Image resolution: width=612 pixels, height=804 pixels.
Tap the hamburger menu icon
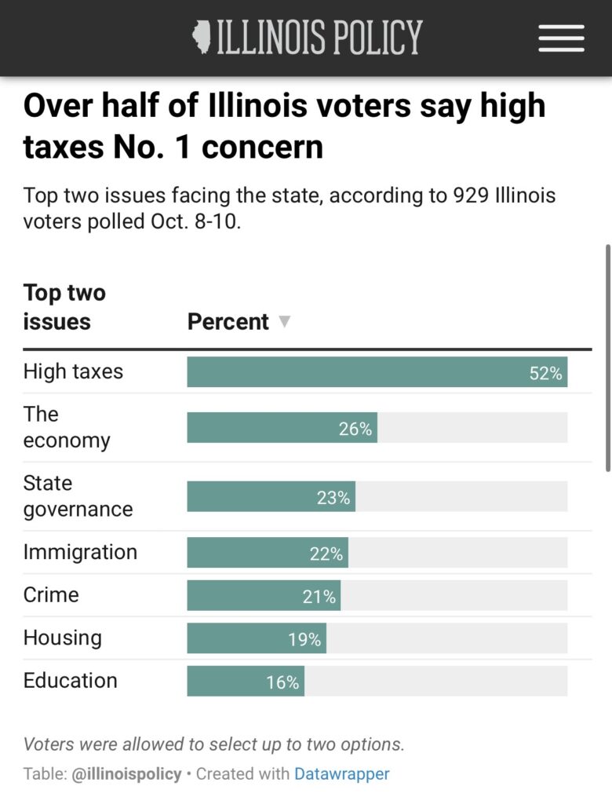(x=561, y=38)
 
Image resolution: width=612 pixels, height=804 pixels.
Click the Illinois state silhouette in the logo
(x=202, y=37)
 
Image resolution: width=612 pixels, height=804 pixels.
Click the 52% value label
(x=545, y=373)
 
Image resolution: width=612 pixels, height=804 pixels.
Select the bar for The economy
(x=282, y=428)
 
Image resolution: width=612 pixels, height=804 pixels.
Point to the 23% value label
(x=333, y=497)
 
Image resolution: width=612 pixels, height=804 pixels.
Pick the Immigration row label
(x=80, y=552)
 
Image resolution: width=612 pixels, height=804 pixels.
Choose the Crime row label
(x=51, y=594)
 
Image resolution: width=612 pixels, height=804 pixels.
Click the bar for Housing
(x=256, y=638)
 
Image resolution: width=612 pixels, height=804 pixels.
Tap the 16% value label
(x=282, y=682)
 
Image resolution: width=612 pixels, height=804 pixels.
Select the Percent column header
(x=228, y=322)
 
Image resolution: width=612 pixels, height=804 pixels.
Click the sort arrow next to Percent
(x=285, y=322)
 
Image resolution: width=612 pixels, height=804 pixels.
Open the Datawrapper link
(x=341, y=773)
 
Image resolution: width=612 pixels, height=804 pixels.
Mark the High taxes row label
(x=73, y=371)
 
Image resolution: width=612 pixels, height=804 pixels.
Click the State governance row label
(x=78, y=496)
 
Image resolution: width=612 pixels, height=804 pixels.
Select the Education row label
(x=70, y=680)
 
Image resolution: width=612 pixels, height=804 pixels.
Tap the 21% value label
(x=319, y=597)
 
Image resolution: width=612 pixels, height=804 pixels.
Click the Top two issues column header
(x=64, y=307)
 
